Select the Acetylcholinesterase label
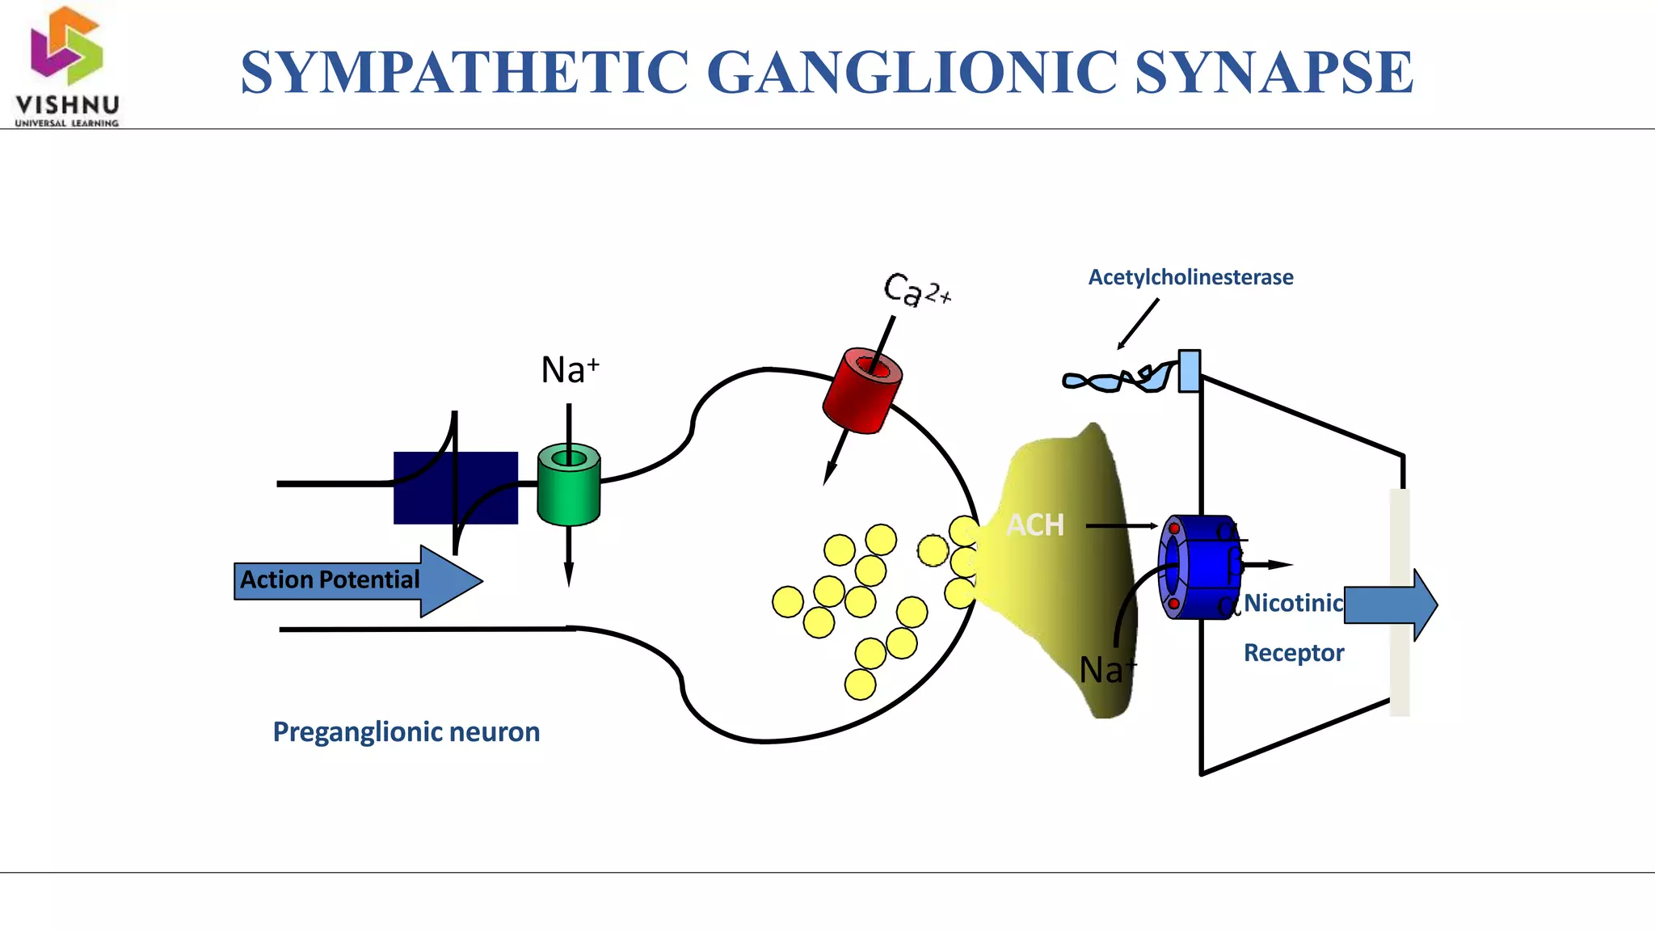(1190, 277)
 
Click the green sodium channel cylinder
(569, 485)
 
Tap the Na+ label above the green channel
(570, 370)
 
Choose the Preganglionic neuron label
(406, 731)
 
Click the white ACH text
(1035, 525)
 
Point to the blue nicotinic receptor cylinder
(1200, 567)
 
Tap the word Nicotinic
(1293, 603)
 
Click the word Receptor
(1293, 653)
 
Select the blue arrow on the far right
(1390, 605)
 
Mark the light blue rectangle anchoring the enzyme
(1189, 371)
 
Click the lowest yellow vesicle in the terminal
(860, 685)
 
